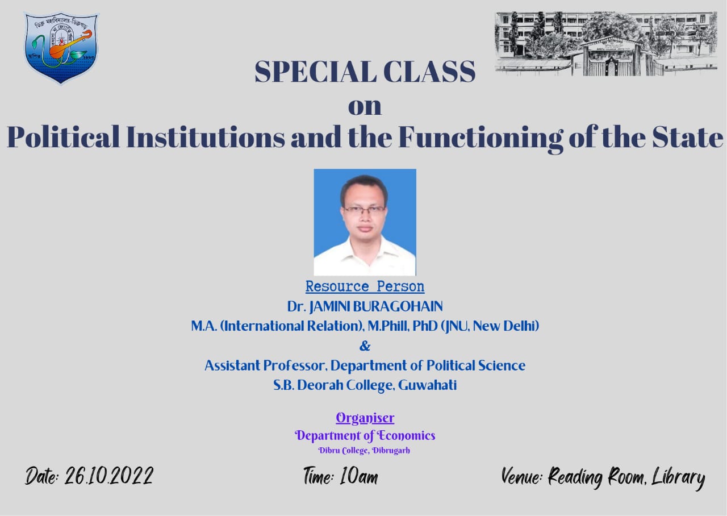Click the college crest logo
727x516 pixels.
[61, 48]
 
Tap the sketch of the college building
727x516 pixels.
[605, 44]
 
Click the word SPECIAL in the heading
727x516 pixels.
[315, 72]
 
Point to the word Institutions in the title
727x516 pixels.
[206, 137]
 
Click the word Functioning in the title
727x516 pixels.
[481, 139]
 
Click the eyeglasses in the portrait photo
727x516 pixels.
[365, 210]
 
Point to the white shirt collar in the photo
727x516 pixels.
[365, 251]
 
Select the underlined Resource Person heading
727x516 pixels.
[365, 286]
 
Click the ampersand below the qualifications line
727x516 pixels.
[365, 346]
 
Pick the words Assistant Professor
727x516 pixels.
[265, 365]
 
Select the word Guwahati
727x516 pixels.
[427, 385]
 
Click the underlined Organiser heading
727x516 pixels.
[365, 418]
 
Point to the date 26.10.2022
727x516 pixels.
[109, 476]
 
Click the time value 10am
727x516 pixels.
[359, 477]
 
